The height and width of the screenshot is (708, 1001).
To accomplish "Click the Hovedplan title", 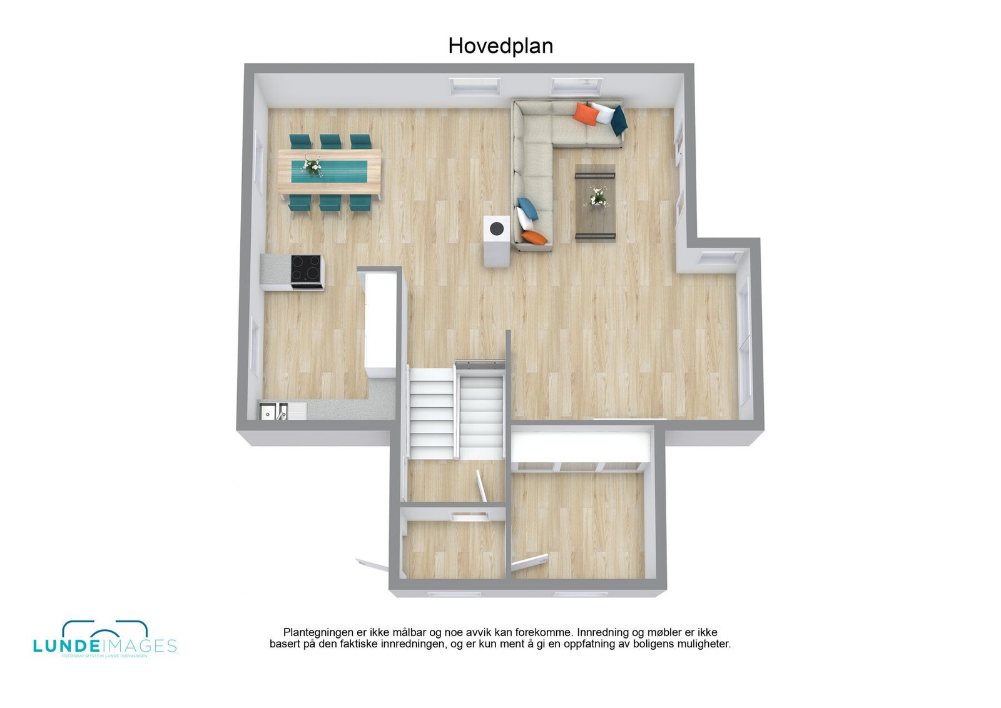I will (x=500, y=46).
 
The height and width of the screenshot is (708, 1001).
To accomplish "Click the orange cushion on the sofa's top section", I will (x=586, y=114).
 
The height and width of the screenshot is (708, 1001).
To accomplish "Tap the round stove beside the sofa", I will (x=497, y=228).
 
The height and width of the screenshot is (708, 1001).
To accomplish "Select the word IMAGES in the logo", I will (x=140, y=646).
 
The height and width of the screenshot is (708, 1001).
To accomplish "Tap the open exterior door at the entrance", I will (x=373, y=565).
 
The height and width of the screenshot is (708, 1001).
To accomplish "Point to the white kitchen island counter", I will (x=380, y=319).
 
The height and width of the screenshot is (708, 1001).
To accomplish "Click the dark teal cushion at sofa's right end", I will (x=619, y=120).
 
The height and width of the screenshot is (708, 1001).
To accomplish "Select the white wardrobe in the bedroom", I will (x=580, y=448).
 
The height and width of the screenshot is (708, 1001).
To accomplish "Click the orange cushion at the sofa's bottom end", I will (x=534, y=237).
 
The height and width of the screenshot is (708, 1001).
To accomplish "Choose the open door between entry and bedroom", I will (x=529, y=562).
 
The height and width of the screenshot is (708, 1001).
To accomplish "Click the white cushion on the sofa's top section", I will (x=604, y=114).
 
